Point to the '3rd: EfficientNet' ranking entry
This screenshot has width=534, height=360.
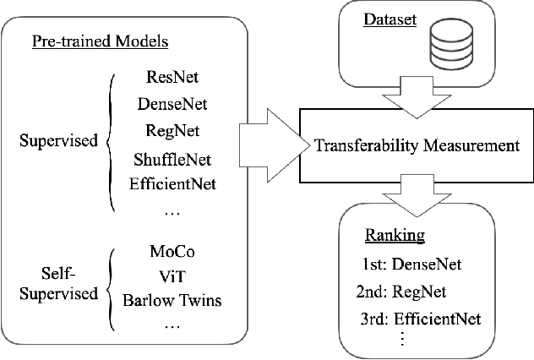419,319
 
